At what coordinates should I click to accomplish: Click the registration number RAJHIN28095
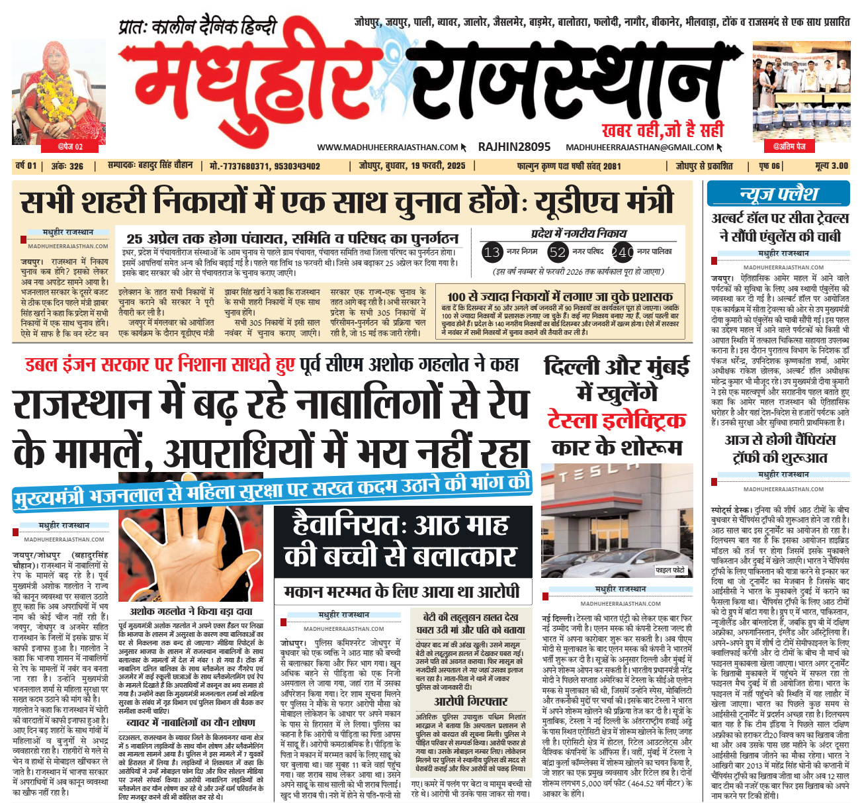[514, 147]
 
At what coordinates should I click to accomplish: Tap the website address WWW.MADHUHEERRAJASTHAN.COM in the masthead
[387, 148]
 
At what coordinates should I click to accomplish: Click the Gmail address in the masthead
[640, 148]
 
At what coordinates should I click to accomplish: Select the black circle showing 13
[492, 252]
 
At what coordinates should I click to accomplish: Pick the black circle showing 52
[558, 252]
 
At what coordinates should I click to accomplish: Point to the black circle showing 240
[623, 252]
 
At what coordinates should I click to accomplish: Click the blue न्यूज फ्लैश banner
[778, 194]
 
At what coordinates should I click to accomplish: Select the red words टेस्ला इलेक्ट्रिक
[617, 420]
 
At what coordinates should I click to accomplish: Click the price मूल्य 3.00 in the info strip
[832, 165]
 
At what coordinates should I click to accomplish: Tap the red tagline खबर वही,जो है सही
[662, 130]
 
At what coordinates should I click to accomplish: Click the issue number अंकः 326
[67, 165]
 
